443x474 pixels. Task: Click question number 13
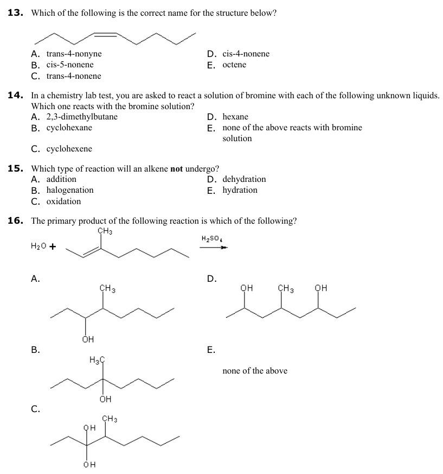click(15, 12)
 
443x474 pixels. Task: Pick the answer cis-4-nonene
click(246, 54)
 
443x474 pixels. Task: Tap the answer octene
click(234, 65)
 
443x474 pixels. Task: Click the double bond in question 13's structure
click(106, 35)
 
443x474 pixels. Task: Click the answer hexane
click(235, 117)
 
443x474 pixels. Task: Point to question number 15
click(15, 168)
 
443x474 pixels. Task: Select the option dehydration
click(244, 179)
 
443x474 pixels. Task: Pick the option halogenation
click(70, 190)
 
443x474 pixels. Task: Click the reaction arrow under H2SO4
click(213, 248)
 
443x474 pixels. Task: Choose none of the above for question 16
click(255, 370)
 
